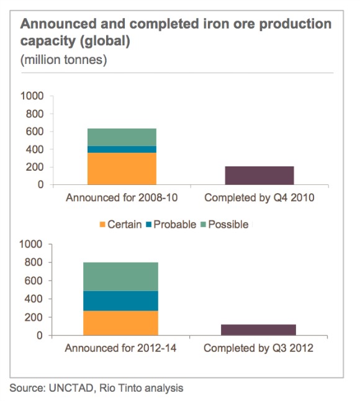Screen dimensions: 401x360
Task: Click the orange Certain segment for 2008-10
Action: pyautogui.click(x=122, y=168)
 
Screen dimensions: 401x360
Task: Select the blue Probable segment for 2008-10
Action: pyautogui.click(x=122, y=149)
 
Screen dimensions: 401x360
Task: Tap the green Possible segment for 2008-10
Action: pyautogui.click(x=122, y=137)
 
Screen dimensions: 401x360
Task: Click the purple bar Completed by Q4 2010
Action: pyautogui.click(x=259, y=176)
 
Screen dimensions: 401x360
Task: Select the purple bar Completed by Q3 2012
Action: pyautogui.click(x=259, y=330)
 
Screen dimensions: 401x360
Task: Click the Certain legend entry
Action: pyautogui.click(x=120, y=224)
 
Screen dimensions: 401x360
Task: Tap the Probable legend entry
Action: pyautogui.click(x=171, y=224)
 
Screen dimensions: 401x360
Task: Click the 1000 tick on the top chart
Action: pyautogui.click(x=33, y=96)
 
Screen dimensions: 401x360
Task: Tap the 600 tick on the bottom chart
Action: pyautogui.click(x=36, y=281)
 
